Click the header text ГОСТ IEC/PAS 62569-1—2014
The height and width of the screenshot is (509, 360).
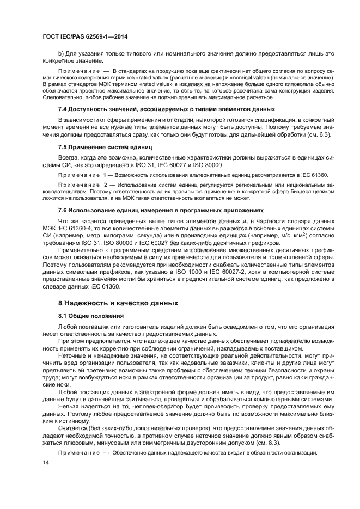tap(80, 37)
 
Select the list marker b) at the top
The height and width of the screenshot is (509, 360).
tap(61, 53)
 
